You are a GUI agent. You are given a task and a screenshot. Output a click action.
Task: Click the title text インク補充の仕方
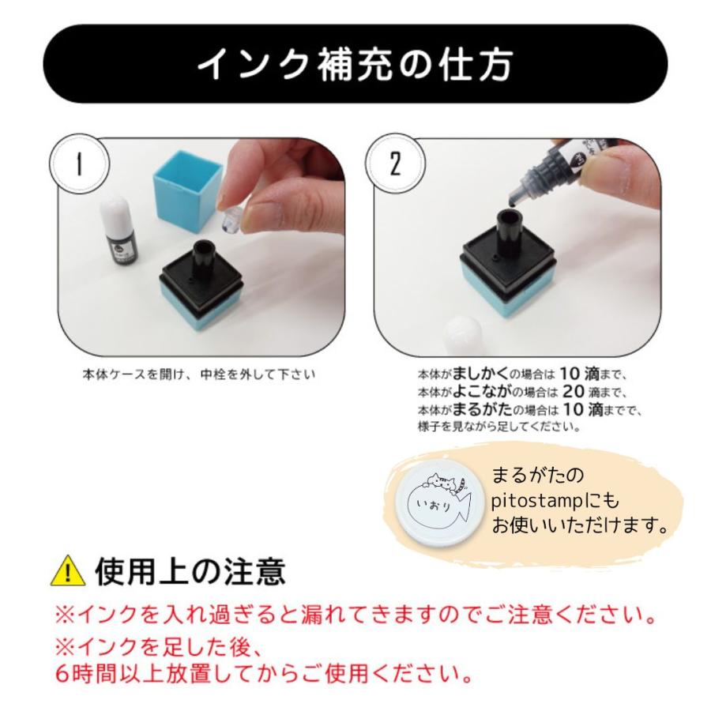coord(355,64)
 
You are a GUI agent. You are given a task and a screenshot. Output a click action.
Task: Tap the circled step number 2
coord(395,164)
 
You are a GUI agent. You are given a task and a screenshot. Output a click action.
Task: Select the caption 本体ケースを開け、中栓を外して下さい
coord(198,374)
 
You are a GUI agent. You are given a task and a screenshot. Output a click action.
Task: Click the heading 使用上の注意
coord(190,571)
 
